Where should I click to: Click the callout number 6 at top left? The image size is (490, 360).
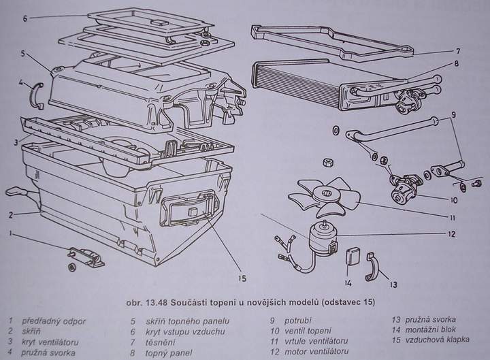coord(24,18)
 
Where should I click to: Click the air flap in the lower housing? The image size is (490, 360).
coord(188,211)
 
